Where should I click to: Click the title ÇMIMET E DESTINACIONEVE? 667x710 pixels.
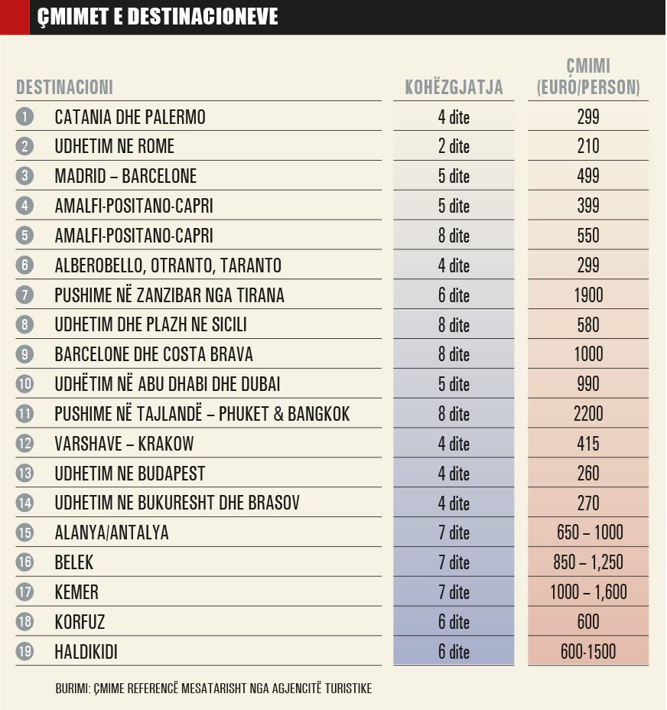pos(158,17)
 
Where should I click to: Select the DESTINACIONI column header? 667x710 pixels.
pos(65,87)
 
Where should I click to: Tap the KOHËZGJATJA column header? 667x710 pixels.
pos(454,87)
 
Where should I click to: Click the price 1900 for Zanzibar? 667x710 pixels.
pos(588,295)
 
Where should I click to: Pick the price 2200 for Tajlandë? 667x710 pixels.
pos(588,414)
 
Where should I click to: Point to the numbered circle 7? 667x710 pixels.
pos(25,295)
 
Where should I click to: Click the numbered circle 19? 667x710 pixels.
pos(25,652)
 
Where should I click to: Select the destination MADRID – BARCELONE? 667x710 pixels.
pos(125,176)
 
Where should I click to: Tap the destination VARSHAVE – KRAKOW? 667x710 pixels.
pos(124,444)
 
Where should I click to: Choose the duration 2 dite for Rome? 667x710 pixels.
pos(454,146)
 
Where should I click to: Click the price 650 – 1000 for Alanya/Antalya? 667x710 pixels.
pos(588,532)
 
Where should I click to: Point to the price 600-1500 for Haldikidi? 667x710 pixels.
pos(588,652)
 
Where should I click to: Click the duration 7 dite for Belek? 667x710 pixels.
pos(454,562)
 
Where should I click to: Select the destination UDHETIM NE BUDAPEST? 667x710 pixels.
pos(130,474)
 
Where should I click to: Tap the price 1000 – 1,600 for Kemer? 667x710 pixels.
pos(588,592)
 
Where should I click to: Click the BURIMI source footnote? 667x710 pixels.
pos(213,689)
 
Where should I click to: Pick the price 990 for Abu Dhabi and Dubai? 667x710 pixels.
pos(588,384)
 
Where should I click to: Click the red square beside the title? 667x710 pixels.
pos(15,17)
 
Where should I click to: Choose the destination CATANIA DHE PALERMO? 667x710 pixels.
pos(130,117)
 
